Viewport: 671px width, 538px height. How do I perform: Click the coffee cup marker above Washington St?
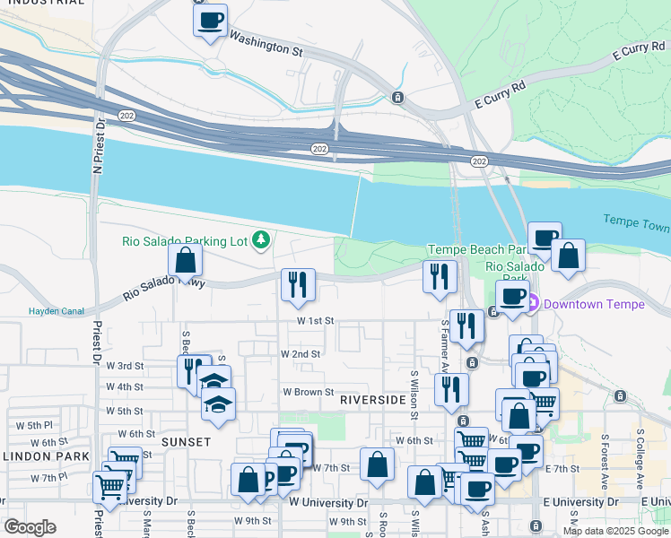click(x=210, y=20)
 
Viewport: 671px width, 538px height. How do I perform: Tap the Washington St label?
click(x=266, y=44)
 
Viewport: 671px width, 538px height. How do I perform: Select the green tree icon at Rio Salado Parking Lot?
click(x=261, y=239)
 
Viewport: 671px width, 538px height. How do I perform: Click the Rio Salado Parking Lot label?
click(x=185, y=240)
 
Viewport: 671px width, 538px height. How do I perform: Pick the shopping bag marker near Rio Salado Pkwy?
click(x=185, y=260)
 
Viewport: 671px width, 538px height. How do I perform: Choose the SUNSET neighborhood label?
click(x=186, y=442)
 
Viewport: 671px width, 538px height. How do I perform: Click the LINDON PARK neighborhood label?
click(x=46, y=456)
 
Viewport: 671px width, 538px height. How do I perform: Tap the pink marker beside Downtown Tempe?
click(x=531, y=304)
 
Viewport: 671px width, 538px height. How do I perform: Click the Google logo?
click(x=30, y=527)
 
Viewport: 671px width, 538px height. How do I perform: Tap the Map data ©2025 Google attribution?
click(x=615, y=531)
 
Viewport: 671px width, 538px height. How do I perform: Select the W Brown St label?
click(x=309, y=393)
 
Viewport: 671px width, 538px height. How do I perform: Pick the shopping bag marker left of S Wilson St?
click(x=378, y=464)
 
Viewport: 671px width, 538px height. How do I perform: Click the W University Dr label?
click(x=328, y=502)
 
